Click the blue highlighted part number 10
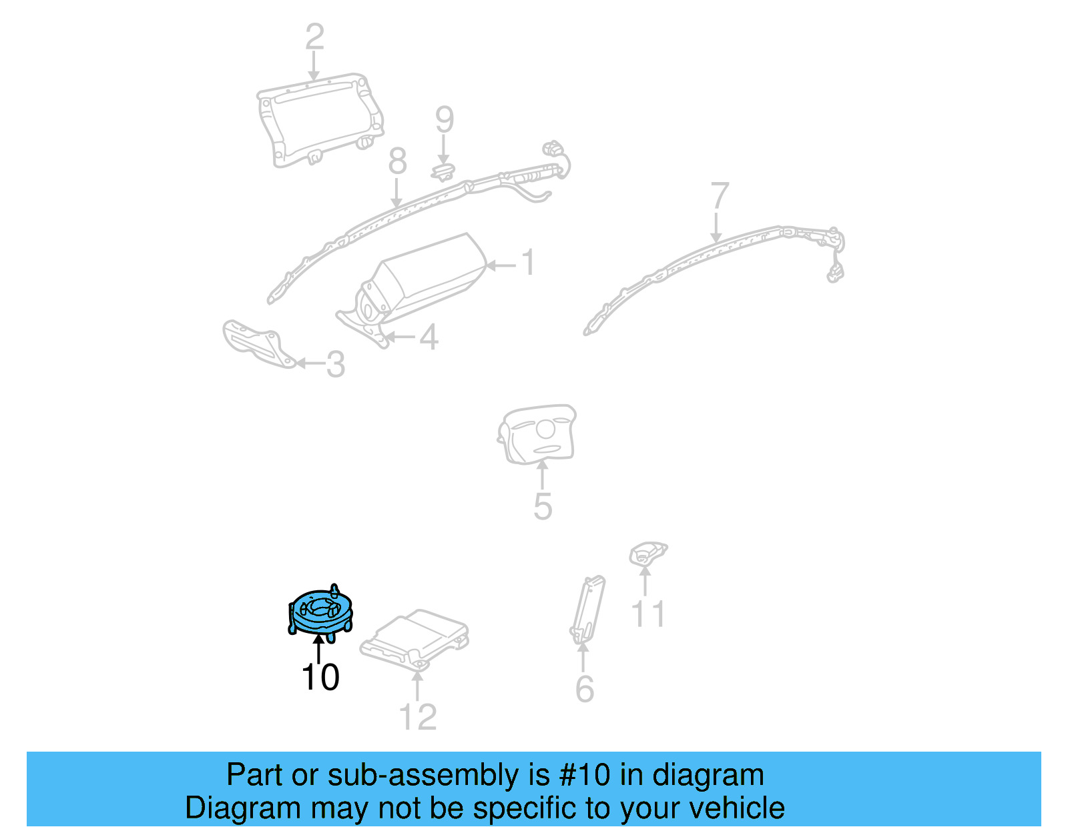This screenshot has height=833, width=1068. coord(320,613)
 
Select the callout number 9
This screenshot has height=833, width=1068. coord(445,119)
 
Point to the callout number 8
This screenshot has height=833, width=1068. coord(397,161)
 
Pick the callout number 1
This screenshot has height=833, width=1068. coord(529,262)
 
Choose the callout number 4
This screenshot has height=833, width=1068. coord(429,337)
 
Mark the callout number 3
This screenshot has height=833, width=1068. coord(336,364)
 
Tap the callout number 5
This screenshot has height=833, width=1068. coord(543,506)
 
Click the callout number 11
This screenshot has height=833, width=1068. coord(647,614)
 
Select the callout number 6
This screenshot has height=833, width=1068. coord(584,689)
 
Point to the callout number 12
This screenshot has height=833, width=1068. coord(417,717)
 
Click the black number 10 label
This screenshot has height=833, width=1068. coord(320,677)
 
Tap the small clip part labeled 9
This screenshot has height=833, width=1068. coord(443,172)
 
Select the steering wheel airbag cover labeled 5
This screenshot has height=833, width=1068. coord(536,434)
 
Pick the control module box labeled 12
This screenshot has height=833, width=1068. coord(415,640)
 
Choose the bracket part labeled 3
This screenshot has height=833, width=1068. coord(258,343)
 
